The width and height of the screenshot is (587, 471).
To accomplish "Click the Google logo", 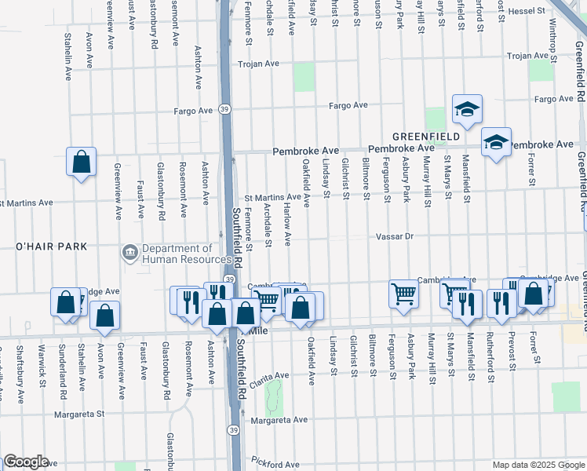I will coord(26,462).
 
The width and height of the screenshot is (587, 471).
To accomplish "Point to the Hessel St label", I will coord(528,11).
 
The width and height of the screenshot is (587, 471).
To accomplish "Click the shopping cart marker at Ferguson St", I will coord(403,294).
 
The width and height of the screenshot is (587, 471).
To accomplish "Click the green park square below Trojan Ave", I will coord(304,77).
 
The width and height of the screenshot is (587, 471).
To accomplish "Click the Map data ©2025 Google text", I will coord(538,465).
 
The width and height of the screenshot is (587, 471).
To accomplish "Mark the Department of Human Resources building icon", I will coord(129,254).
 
